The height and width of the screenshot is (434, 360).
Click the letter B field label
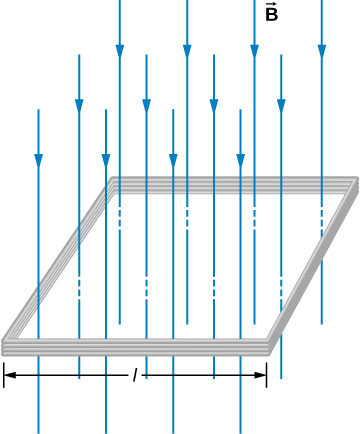click(x=271, y=16)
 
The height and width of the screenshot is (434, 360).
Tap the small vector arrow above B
click(x=271, y=4)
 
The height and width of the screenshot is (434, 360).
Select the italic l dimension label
click(x=135, y=375)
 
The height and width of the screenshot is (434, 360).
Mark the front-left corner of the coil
click(x=5, y=346)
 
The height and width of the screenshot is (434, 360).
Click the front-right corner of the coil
click(x=268, y=346)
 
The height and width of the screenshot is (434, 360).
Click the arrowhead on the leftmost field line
click(x=38, y=160)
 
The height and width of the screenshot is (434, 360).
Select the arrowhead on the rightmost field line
click(x=321, y=51)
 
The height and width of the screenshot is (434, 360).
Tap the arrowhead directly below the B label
click(x=254, y=51)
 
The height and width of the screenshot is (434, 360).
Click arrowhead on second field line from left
click(x=79, y=105)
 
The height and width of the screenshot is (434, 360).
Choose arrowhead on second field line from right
click(x=281, y=105)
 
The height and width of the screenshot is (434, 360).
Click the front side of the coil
click(x=136, y=346)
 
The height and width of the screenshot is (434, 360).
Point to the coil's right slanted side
click(x=311, y=265)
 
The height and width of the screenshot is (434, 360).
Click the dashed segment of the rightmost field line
click(x=321, y=217)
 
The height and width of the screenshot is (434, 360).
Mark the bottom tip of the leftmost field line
click(x=38, y=431)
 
